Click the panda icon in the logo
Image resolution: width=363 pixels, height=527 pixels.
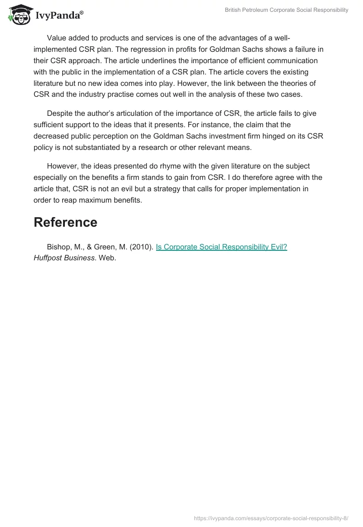(x=19, y=14)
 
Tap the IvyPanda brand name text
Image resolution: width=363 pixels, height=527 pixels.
(x=59, y=15)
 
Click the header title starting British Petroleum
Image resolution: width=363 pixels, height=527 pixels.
(x=287, y=10)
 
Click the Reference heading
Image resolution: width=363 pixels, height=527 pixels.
(x=65, y=222)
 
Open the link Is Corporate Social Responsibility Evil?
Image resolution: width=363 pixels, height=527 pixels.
(x=221, y=247)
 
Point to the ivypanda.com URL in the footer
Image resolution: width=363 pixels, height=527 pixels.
(x=271, y=517)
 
